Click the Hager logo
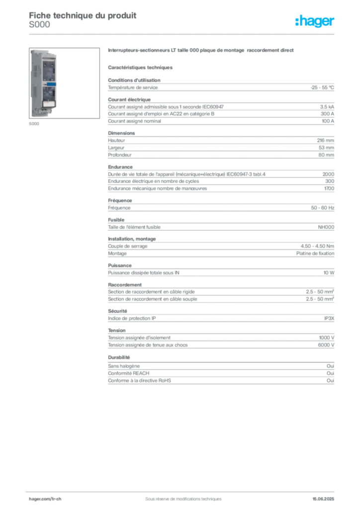[315, 21]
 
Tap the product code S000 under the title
[39, 25]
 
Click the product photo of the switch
[64, 83]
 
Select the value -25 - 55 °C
[322, 87]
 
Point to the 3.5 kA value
[327, 107]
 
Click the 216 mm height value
[326, 141]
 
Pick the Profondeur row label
[120, 155]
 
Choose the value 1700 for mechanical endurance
[329, 188]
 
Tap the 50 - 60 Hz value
[323, 208]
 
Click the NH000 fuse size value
[326, 227]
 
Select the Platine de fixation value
[315, 254]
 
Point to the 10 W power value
[329, 273]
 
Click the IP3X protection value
[329, 319]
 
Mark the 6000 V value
[326, 345]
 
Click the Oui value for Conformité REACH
[331, 373]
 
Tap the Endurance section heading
[120, 167]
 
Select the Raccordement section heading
[125, 285]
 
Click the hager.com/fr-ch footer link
[45, 499]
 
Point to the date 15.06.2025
[323, 499]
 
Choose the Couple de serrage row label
[128, 247]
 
